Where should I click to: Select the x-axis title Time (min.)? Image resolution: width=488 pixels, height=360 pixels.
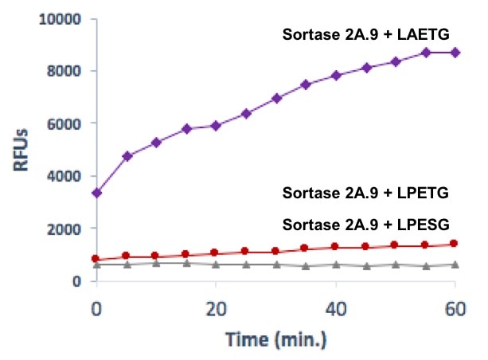[275, 338]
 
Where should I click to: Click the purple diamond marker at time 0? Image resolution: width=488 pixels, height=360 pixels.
[96, 193]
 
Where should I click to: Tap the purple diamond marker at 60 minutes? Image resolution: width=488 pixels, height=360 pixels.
[455, 53]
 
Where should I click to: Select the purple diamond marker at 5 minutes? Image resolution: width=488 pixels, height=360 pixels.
[127, 156]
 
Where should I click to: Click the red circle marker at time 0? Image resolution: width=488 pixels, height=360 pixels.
[96, 259]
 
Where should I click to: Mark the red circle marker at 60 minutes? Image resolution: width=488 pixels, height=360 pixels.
[455, 244]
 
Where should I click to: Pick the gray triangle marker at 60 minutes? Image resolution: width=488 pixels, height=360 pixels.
[455, 264]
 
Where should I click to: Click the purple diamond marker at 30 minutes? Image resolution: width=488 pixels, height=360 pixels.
[276, 98]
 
